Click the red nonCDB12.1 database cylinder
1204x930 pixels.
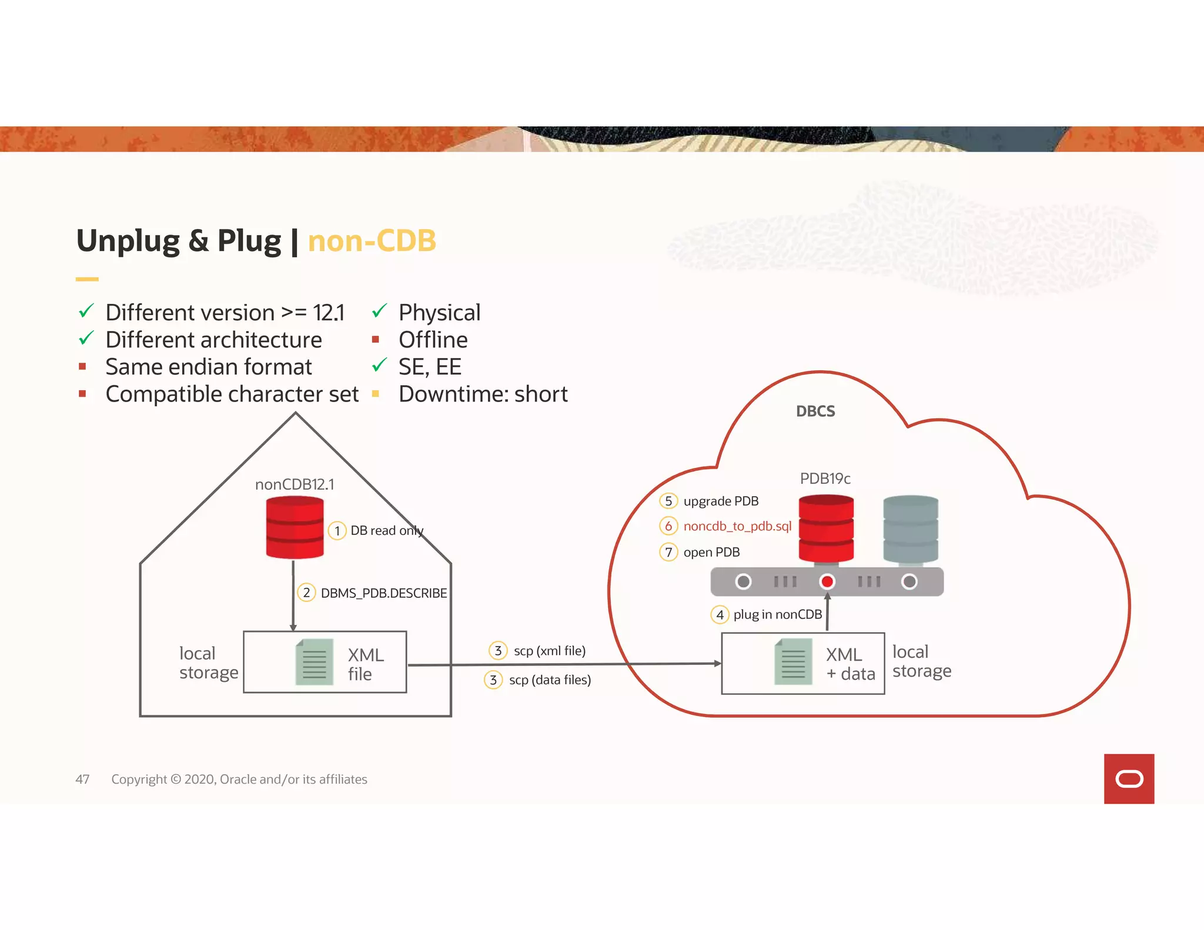(295, 527)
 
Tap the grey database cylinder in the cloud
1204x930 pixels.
(910, 528)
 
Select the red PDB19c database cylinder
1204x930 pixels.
(826, 528)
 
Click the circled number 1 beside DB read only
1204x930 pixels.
(337, 531)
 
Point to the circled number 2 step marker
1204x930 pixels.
(306, 593)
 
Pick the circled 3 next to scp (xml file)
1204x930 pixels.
(498, 651)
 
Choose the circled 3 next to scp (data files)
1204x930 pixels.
(493, 680)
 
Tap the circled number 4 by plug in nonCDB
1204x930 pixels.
(720, 615)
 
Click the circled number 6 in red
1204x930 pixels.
(668, 526)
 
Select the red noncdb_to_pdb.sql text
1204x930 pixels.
(737, 526)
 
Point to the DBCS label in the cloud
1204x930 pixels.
(815, 412)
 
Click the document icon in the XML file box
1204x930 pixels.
(314, 662)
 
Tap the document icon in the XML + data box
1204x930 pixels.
(793, 662)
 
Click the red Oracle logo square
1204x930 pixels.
(1129, 779)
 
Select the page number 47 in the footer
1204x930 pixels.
(82, 780)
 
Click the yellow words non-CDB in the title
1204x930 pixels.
(372, 241)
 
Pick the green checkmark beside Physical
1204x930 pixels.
(379, 310)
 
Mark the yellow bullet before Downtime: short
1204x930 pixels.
(376, 394)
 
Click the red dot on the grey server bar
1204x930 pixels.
(827, 582)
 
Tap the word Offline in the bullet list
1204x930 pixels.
(433, 340)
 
